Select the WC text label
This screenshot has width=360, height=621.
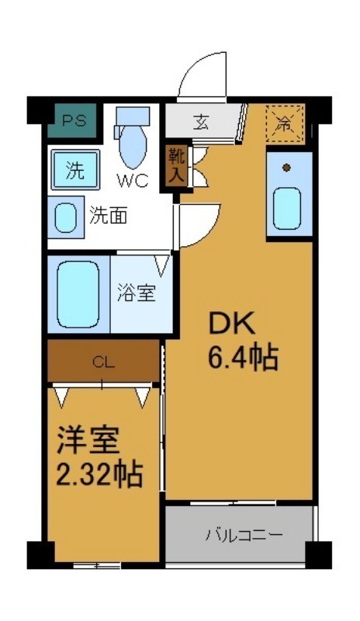[x=133, y=182]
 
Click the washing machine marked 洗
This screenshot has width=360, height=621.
[x=74, y=169]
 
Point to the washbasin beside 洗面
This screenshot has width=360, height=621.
[x=66, y=216]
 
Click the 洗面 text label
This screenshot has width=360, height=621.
[x=108, y=216]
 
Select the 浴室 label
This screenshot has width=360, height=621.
[x=137, y=293]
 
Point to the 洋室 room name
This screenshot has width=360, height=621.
[x=88, y=442]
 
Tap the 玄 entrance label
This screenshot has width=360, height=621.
[x=201, y=123]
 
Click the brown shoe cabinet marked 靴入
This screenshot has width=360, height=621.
[x=176, y=165]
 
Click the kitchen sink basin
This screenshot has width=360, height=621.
[x=288, y=205]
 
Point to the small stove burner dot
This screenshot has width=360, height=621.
[x=286, y=167]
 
